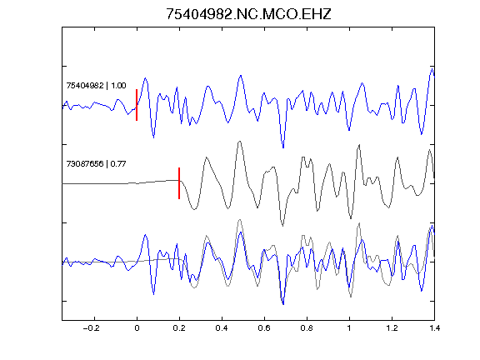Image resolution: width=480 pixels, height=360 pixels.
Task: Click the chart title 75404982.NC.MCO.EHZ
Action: [248, 14]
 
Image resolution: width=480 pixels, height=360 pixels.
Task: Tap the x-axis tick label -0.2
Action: [91, 328]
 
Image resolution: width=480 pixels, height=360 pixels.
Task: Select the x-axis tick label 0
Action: [137, 328]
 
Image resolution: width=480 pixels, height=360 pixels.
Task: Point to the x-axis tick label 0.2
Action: [179, 328]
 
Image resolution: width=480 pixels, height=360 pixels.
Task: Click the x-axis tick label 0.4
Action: [222, 328]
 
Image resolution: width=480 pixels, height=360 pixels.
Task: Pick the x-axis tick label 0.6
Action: [264, 328]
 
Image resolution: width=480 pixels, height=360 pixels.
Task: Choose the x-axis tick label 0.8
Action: [307, 328]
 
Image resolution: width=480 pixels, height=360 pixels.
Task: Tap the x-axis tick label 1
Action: [349, 328]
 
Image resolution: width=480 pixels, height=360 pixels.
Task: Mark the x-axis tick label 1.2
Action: [392, 328]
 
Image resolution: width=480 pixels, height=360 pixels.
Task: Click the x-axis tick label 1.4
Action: [434, 328]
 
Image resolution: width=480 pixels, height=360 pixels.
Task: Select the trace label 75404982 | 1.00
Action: [96, 85]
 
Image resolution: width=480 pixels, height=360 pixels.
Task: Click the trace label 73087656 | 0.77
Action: [96, 164]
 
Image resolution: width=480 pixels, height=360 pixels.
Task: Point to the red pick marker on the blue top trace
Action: [137, 105]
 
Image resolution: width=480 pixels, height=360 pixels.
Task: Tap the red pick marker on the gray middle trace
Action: [179, 183]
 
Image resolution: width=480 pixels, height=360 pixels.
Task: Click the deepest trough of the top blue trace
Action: [283, 147]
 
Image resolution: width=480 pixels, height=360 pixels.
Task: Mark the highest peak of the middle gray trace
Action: [240, 142]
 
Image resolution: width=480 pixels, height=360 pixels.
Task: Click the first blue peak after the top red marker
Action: [145, 78]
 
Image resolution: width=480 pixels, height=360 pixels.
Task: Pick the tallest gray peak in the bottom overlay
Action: [240, 220]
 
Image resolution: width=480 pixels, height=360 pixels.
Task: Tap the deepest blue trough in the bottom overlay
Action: [283, 304]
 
